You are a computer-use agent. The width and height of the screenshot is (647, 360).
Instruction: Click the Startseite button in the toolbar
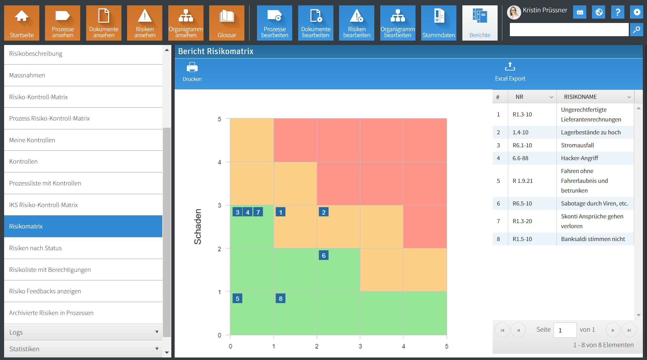(x=22, y=23)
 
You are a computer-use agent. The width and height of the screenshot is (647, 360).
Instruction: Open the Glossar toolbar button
(x=227, y=23)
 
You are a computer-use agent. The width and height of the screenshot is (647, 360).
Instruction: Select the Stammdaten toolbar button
(x=439, y=23)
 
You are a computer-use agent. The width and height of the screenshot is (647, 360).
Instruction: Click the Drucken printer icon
(x=192, y=68)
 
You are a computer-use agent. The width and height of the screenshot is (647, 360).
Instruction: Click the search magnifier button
(x=637, y=30)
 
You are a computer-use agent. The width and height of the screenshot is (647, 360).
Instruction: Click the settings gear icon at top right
(x=637, y=12)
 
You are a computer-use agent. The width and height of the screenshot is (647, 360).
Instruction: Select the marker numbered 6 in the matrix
(x=324, y=255)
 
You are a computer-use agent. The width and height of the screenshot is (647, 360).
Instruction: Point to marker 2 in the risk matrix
(x=324, y=212)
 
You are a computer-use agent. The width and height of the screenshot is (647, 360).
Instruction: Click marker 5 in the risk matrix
(x=237, y=298)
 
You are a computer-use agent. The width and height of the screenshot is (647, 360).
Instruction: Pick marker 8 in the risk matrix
(x=281, y=298)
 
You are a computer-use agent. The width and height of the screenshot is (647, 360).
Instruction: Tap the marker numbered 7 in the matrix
(x=258, y=212)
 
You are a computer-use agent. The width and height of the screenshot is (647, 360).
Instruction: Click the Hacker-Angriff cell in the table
(x=579, y=158)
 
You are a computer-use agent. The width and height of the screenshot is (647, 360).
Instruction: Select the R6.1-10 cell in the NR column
(x=522, y=145)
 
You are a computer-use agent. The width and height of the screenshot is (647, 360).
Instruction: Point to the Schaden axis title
(x=198, y=227)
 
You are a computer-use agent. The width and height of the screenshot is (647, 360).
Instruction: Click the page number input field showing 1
(x=565, y=330)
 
